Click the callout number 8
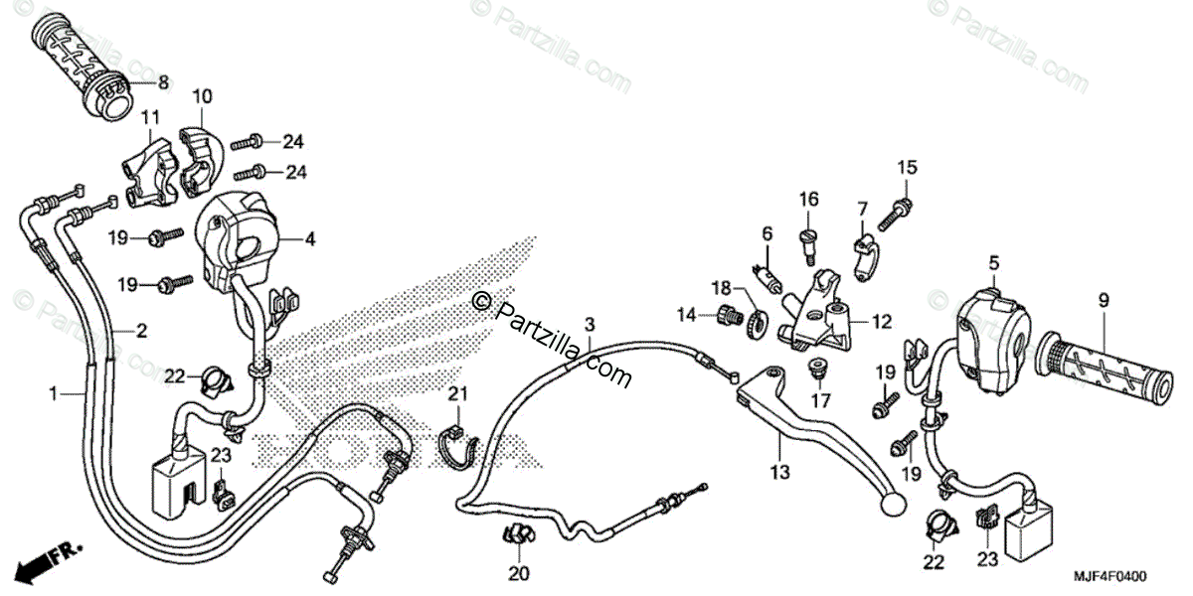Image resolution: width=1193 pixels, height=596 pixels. point(164,83)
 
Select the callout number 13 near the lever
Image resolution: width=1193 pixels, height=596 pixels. point(778,472)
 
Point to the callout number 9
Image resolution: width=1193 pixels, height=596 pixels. point(1104,299)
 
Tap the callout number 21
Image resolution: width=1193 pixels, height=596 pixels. point(456,394)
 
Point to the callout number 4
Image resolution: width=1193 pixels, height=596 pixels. point(310,238)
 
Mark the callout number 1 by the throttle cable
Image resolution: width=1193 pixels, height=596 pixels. point(53,395)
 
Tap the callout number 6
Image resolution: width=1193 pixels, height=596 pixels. point(767,233)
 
